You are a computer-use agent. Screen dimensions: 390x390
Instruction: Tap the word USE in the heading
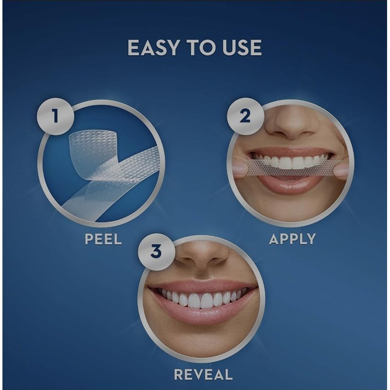tap(242, 47)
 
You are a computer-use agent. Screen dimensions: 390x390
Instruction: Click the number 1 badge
tap(56, 117)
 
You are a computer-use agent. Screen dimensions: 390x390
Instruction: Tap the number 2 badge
tap(245, 116)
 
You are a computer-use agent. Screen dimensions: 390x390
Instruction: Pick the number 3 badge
tap(156, 252)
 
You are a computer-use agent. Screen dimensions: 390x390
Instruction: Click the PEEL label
tap(103, 239)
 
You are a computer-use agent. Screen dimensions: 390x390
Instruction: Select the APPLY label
tap(292, 239)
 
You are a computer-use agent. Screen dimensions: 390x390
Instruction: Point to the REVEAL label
tap(203, 374)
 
